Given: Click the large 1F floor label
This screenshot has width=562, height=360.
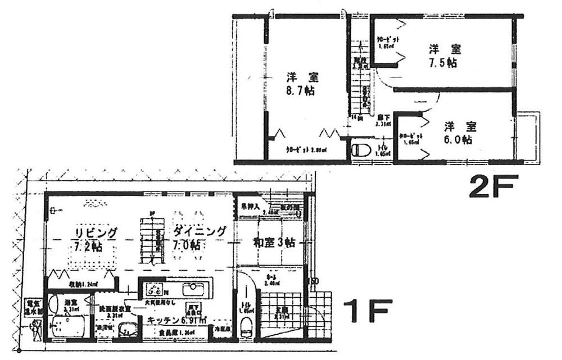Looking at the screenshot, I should coord(368,311).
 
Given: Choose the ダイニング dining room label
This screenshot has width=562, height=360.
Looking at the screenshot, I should coord(200,231).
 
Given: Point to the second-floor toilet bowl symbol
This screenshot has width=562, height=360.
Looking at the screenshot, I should coord(361,151).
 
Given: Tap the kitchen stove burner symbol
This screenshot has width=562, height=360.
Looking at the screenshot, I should coord(155,290).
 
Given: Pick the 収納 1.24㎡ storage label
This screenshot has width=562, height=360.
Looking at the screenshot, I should coord(83,284).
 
